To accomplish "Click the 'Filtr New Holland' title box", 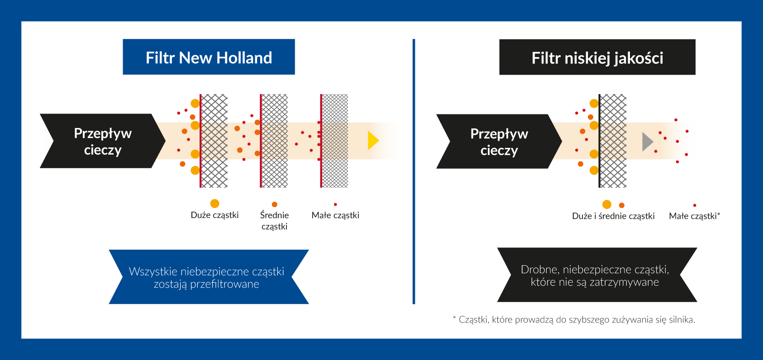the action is click(209, 57).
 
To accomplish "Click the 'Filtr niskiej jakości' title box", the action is click(597, 57).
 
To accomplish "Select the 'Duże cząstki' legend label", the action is click(215, 215).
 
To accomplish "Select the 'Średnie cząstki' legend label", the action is click(275, 221).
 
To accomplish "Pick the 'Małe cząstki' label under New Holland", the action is click(335, 215).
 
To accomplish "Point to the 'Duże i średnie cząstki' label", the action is click(613, 216).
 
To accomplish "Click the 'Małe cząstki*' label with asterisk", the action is click(695, 216).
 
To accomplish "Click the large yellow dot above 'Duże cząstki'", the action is click(215, 204).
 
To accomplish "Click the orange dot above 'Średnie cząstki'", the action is click(275, 204).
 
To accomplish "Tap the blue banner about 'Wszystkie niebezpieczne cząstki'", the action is click(209, 277).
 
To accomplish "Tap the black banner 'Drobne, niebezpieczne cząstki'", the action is click(597, 275).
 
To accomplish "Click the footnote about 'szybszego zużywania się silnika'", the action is click(574, 319).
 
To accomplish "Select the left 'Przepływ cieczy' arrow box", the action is click(103, 141).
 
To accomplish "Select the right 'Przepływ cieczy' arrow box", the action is click(499, 142).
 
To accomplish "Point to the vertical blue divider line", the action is click(414, 171).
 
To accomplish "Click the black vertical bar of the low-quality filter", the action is click(600, 141).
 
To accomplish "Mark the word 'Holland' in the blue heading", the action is click(244, 57).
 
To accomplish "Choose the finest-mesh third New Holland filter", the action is click(334, 141).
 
